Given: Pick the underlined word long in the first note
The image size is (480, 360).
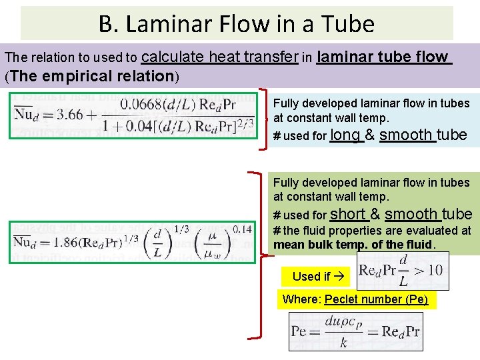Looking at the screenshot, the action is tap(345, 135).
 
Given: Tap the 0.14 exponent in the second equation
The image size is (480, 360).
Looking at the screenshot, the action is tap(243, 229).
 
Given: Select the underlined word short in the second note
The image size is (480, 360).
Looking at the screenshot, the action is tap(348, 214).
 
